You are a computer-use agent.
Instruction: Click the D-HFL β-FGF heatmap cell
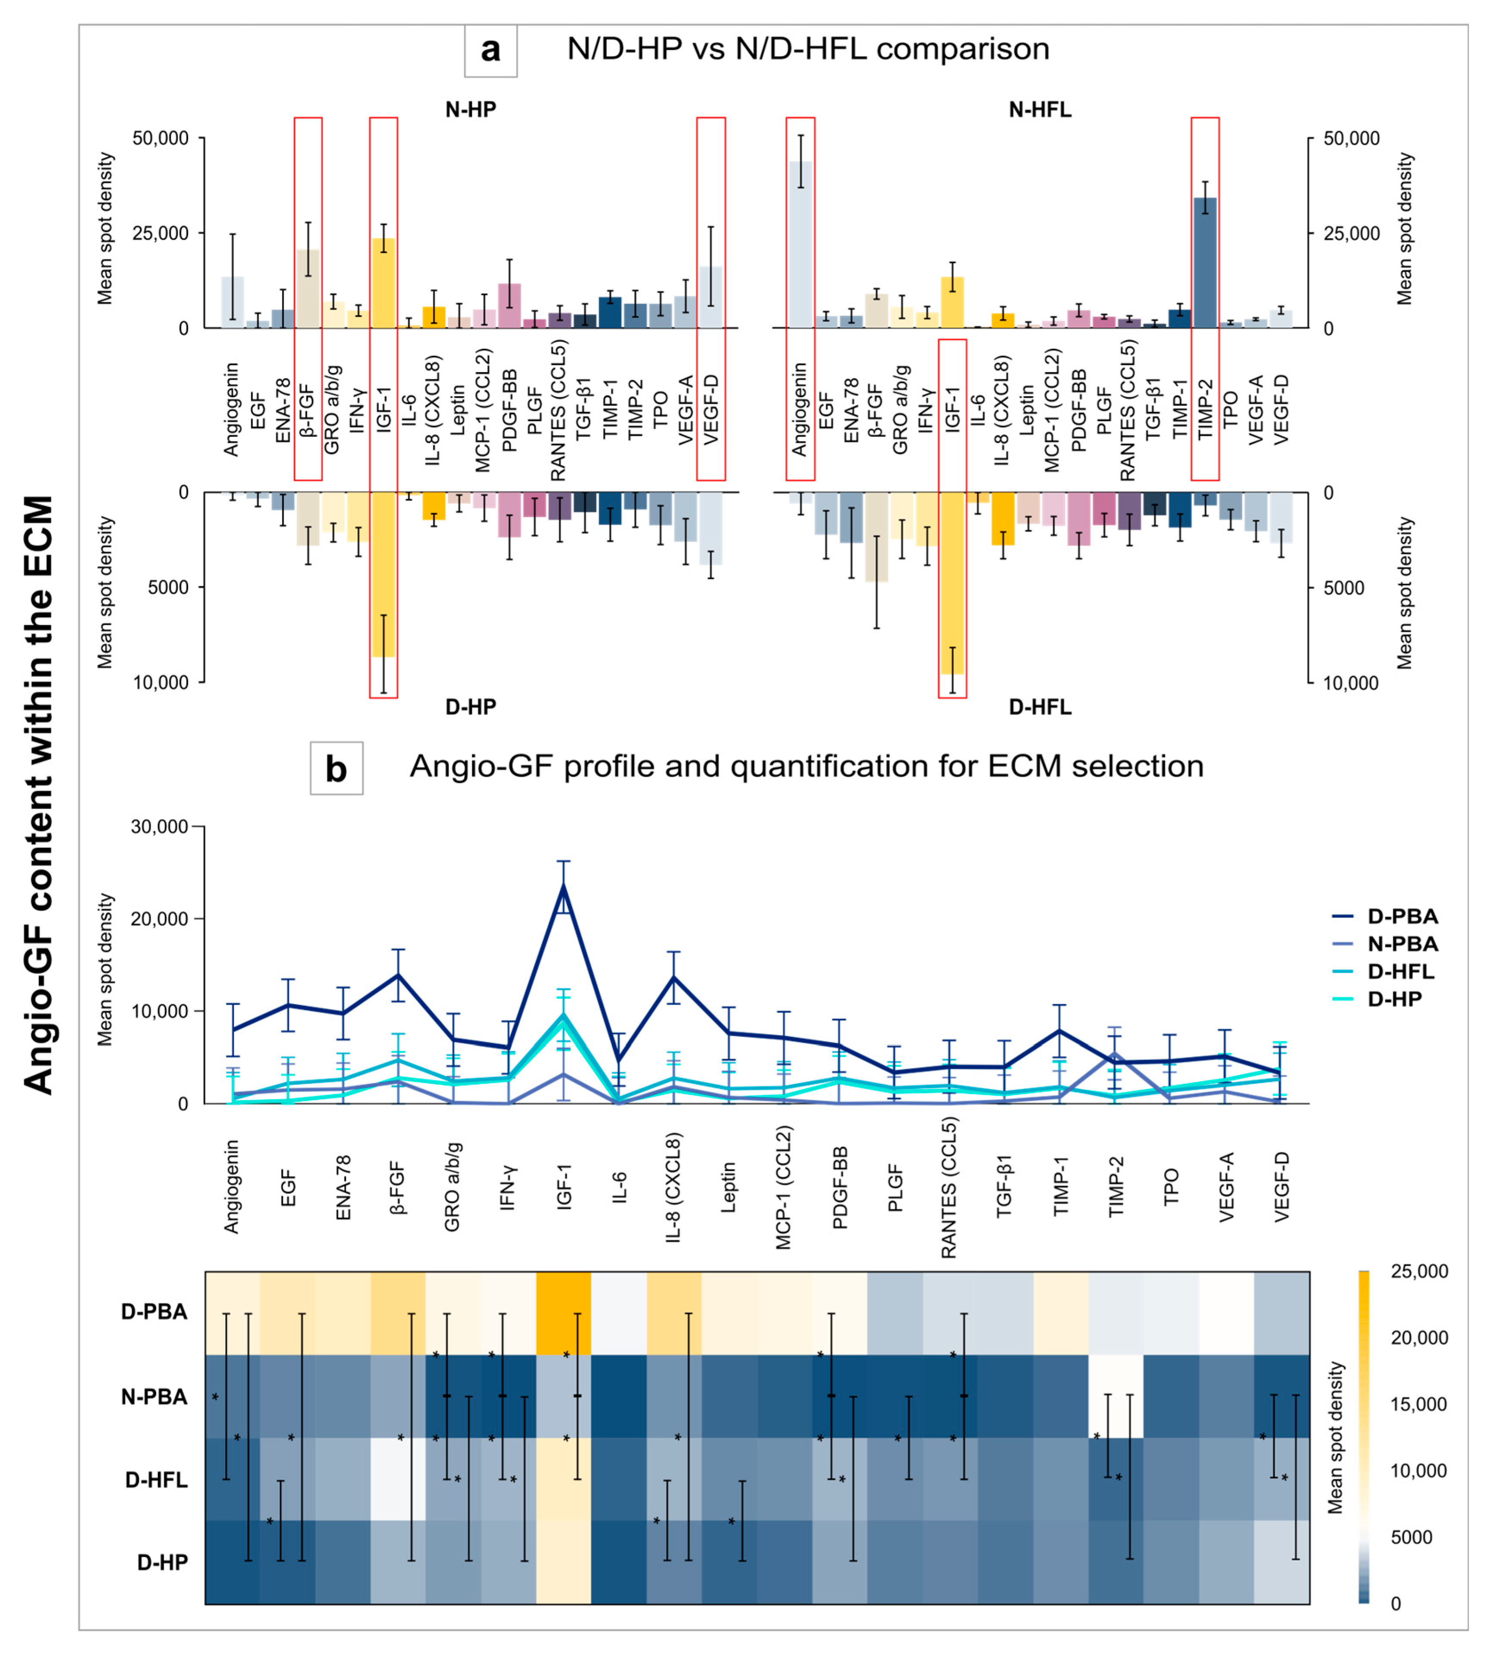point(398,1479)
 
